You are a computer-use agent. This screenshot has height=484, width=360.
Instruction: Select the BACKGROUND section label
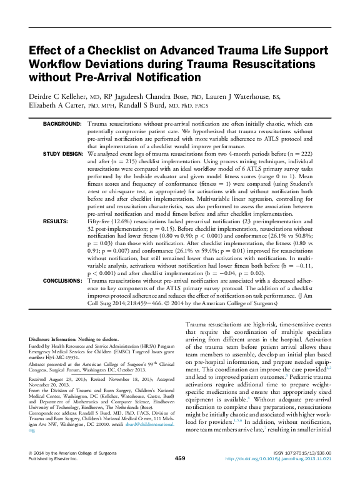(62, 125)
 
